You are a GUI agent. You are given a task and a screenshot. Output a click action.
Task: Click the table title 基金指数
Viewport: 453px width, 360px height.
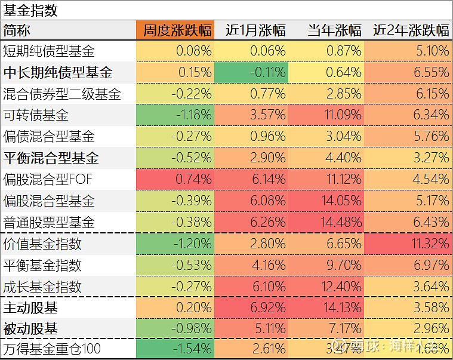30,10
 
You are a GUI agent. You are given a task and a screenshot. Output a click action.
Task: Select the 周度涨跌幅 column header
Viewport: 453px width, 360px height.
175,30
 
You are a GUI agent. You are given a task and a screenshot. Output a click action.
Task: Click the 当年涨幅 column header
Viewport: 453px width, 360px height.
334,30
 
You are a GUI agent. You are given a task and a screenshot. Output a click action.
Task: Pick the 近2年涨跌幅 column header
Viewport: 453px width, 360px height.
411,30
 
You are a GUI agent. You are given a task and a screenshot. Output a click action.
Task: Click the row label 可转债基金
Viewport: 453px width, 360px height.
36,115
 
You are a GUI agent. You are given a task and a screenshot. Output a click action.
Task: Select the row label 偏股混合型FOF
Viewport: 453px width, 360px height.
48,179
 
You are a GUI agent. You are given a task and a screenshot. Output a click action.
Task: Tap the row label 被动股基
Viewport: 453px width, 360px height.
30,328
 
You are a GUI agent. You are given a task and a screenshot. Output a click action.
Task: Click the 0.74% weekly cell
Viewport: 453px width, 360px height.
175,179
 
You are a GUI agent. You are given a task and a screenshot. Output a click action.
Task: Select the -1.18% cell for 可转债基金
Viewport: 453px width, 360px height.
175,115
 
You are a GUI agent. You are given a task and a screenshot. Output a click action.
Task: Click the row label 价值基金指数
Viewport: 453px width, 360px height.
42,244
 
